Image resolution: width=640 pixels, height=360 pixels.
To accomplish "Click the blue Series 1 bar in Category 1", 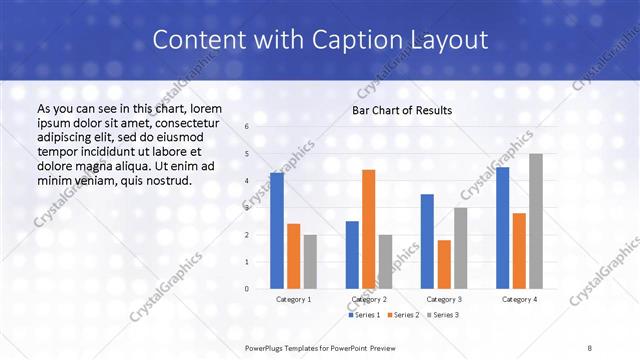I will coord(277,231).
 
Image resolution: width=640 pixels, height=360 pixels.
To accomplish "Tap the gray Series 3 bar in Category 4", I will coord(536,221).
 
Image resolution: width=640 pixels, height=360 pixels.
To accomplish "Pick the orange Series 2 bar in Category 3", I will coord(444,264).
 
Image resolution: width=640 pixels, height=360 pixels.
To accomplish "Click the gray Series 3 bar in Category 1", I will coord(310,262).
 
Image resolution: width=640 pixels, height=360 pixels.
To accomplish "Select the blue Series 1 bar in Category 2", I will coord(352,255).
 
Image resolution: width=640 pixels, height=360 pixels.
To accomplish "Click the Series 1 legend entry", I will coord(362,315).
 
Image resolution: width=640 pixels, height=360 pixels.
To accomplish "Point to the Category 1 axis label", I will coord(293,299).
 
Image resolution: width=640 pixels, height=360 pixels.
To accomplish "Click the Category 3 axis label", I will coord(444,299).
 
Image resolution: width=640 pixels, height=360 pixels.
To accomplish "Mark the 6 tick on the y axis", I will coord(246,127).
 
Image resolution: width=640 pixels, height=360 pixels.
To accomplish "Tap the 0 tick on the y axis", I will coord(246,289).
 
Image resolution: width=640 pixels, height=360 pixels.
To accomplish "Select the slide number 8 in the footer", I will coord(590,346).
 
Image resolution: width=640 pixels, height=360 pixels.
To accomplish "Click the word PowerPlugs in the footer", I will coord(265,346).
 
